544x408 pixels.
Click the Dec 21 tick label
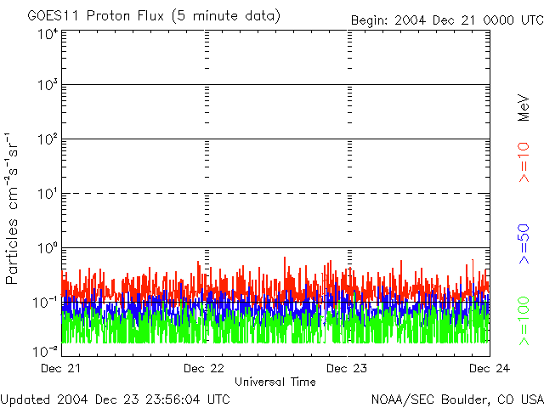tap(62, 369)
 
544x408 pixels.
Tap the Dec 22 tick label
tap(205, 369)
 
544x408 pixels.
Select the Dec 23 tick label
tap(348, 369)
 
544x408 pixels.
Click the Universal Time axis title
tap(275, 382)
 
